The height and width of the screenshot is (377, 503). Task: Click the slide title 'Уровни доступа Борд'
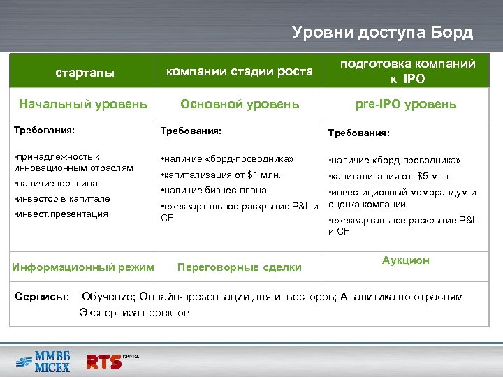382,32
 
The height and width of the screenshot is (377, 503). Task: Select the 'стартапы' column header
85,72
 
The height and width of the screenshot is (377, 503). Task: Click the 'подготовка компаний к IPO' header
407,71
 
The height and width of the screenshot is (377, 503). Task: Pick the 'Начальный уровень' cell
83,105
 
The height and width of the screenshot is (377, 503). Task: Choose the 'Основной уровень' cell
240,105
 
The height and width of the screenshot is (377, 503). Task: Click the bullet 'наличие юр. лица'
56,184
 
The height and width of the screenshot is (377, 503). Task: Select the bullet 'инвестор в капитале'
61,198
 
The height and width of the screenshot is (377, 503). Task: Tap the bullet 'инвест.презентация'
61,214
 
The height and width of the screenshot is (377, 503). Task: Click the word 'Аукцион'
406,260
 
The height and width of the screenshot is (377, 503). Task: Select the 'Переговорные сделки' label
240,267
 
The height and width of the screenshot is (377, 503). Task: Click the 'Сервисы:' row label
41,297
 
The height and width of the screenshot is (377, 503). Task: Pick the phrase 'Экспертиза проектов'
134,312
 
